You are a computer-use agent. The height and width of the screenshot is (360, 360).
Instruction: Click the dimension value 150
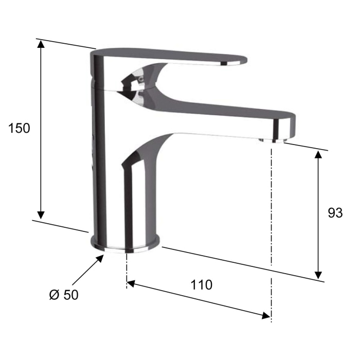[x=19, y=128]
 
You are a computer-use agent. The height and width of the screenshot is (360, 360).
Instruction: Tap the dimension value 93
[x=335, y=213]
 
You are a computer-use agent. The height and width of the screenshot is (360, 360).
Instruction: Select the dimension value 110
[x=202, y=285]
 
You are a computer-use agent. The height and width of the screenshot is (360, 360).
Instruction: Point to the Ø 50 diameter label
[x=64, y=295]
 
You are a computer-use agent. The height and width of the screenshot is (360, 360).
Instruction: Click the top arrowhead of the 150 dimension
[x=41, y=44]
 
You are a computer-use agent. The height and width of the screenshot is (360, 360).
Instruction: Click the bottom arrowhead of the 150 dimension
[x=41, y=215]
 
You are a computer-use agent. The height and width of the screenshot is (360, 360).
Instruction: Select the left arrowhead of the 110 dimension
[x=131, y=284]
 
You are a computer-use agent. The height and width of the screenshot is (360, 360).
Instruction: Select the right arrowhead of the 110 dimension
[x=266, y=316]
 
